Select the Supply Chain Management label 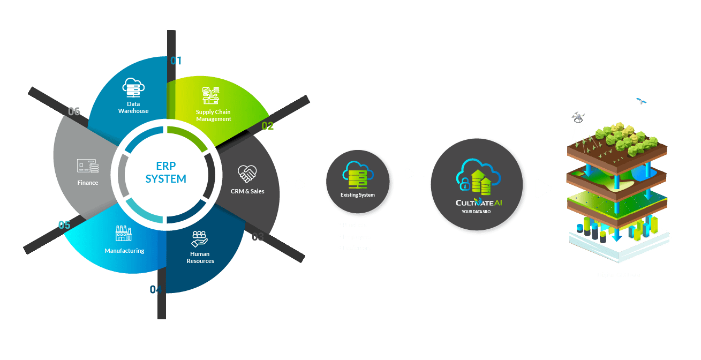pyautogui.click(x=213, y=115)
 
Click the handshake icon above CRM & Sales pyautogui.click(x=247, y=173)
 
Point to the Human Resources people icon pyautogui.click(x=200, y=237)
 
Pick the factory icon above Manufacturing pyautogui.click(x=124, y=233)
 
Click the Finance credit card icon pyautogui.click(x=88, y=166)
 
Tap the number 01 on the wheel pyautogui.click(x=176, y=61)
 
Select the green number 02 pyautogui.click(x=268, y=126)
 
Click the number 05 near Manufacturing pyautogui.click(x=64, y=225)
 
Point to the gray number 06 pyautogui.click(x=74, y=111)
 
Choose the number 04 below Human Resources pyautogui.click(x=155, y=290)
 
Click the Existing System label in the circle pyautogui.click(x=358, y=195)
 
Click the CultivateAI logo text pyautogui.click(x=479, y=203)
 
